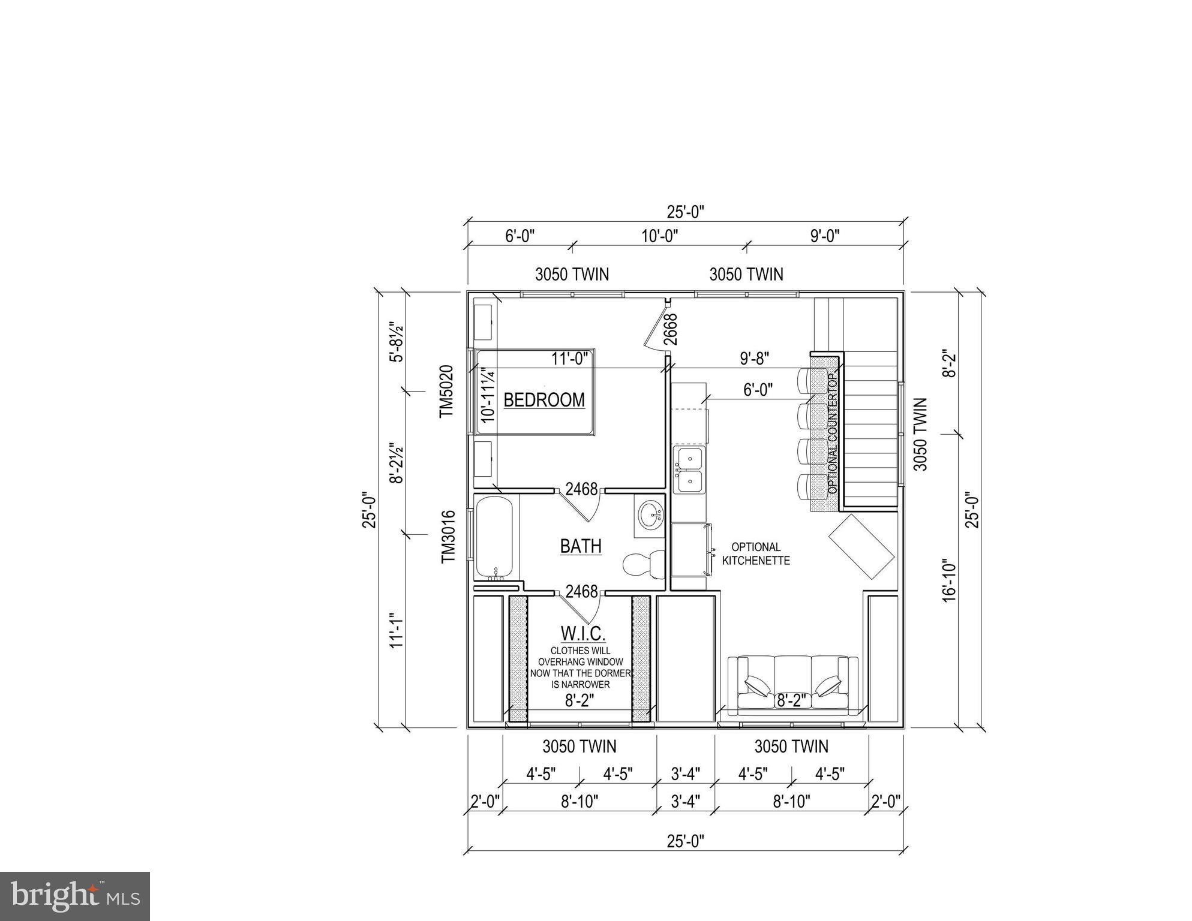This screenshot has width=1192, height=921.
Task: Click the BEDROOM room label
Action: point(544,400)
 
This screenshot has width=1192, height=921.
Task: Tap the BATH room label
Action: point(580,546)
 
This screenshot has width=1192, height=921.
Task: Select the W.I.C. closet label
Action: point(583,633)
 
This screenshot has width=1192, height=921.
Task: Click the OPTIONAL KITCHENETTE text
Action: point(756,554)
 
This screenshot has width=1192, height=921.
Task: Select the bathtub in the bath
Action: point(494,538)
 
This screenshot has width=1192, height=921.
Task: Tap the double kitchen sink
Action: point(689,470)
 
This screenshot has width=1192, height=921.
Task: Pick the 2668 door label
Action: point(671,329)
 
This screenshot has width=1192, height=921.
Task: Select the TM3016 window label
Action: point(448,537)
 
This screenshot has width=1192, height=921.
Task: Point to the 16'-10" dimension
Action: point(948,580)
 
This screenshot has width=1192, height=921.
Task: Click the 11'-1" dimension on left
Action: point(395,630)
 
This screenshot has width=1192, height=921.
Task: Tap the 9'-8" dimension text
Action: point(754,359)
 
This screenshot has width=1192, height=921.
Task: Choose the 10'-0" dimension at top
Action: point(659,236)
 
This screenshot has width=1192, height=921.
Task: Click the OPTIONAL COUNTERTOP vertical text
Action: point(832,433)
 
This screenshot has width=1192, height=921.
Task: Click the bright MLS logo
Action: point(75,896)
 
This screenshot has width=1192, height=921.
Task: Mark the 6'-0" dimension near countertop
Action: point(758,390)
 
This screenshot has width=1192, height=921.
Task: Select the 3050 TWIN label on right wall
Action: point(921,434)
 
